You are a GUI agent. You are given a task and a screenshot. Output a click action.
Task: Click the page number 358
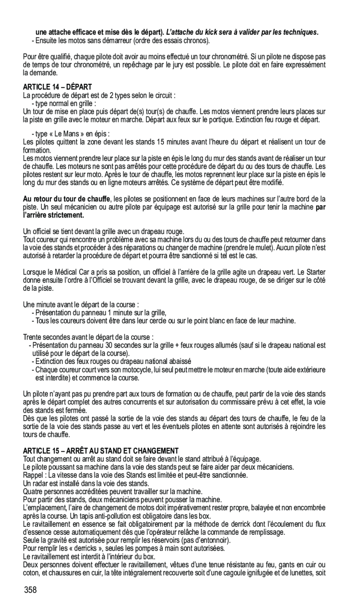click(x=31, y=590)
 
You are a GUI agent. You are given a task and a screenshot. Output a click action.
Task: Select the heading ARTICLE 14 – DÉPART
click(x=58, y=87)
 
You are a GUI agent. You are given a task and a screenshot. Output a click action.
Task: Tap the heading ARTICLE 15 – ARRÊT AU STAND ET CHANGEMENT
click(x=101, y=450)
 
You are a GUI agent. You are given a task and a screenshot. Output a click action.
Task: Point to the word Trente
click(x=34, y=337)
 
